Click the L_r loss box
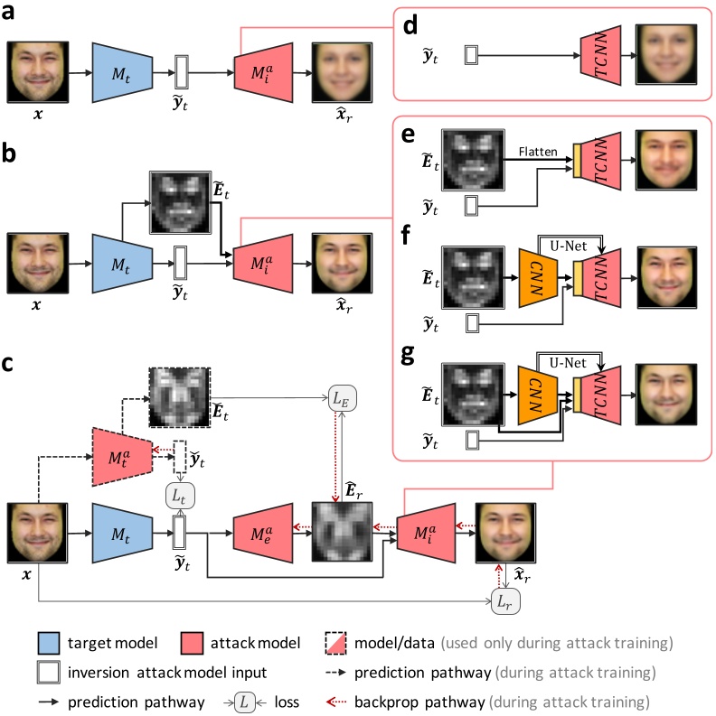[504, 602]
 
